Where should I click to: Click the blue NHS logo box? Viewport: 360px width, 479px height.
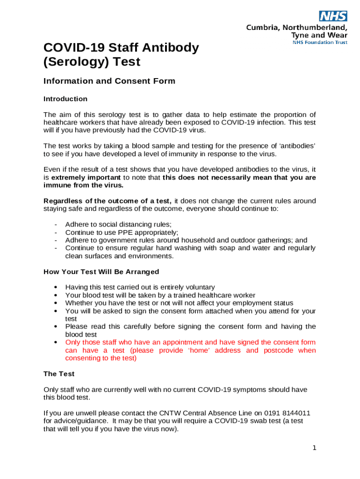(333, 16)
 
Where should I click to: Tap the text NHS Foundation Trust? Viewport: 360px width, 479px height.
(320, 42)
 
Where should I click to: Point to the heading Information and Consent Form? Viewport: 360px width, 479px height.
(109, 81)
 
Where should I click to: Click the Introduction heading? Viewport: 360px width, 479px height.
(65, 99)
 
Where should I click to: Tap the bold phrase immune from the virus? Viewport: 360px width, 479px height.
(84, 185)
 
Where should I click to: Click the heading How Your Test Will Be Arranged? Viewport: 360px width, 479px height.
(101, 272)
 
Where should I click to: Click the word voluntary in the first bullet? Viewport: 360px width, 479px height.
(199, 287)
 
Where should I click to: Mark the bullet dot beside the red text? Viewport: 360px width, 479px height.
(56, 342)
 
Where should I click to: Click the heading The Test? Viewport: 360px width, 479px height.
(59, 374)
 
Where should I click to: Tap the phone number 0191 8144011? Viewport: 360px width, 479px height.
(281, 413)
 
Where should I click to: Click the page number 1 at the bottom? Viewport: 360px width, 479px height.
(315, 448)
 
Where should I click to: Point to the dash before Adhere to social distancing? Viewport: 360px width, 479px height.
(56, 224)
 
